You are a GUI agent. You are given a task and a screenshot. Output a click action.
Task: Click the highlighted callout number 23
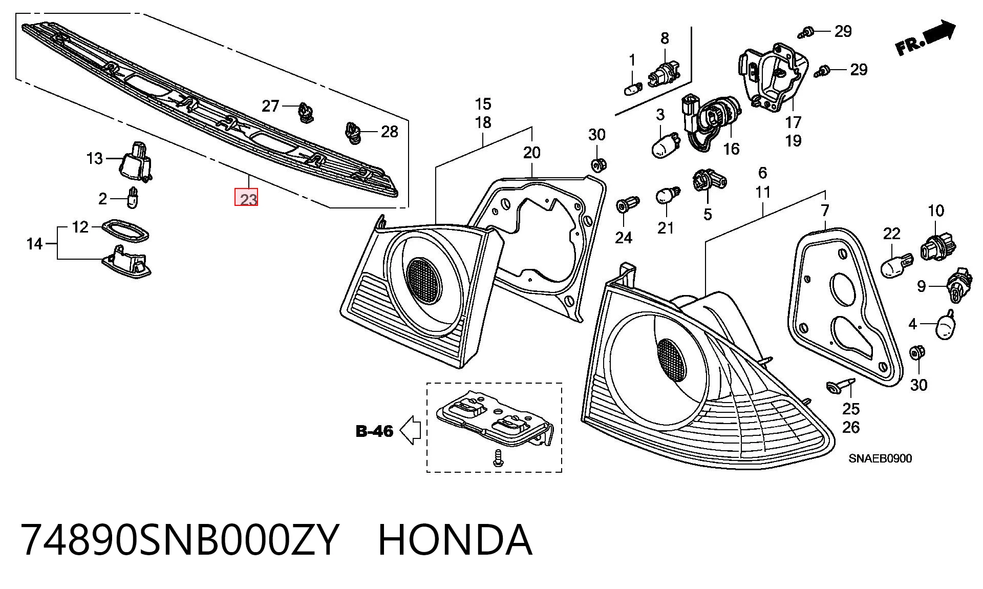pos(246,198)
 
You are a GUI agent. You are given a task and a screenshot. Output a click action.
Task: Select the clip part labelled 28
pos(353,132)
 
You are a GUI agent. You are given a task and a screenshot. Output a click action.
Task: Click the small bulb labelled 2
pos(133,197)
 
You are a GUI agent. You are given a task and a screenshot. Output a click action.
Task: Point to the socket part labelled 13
pos(136,161)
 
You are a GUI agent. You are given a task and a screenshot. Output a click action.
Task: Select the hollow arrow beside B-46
pos(410,430)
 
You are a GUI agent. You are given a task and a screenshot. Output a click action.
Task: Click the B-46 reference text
pos(375,431)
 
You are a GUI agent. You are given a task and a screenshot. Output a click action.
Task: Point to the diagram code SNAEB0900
pos(880,458)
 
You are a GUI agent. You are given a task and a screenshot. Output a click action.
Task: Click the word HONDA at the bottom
pos(455,540)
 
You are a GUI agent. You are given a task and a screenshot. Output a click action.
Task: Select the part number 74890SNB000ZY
pos(179,540)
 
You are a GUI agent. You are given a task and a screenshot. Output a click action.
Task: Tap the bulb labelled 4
pos(947,325)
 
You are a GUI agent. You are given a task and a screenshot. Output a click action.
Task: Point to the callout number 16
pos(731,149)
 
